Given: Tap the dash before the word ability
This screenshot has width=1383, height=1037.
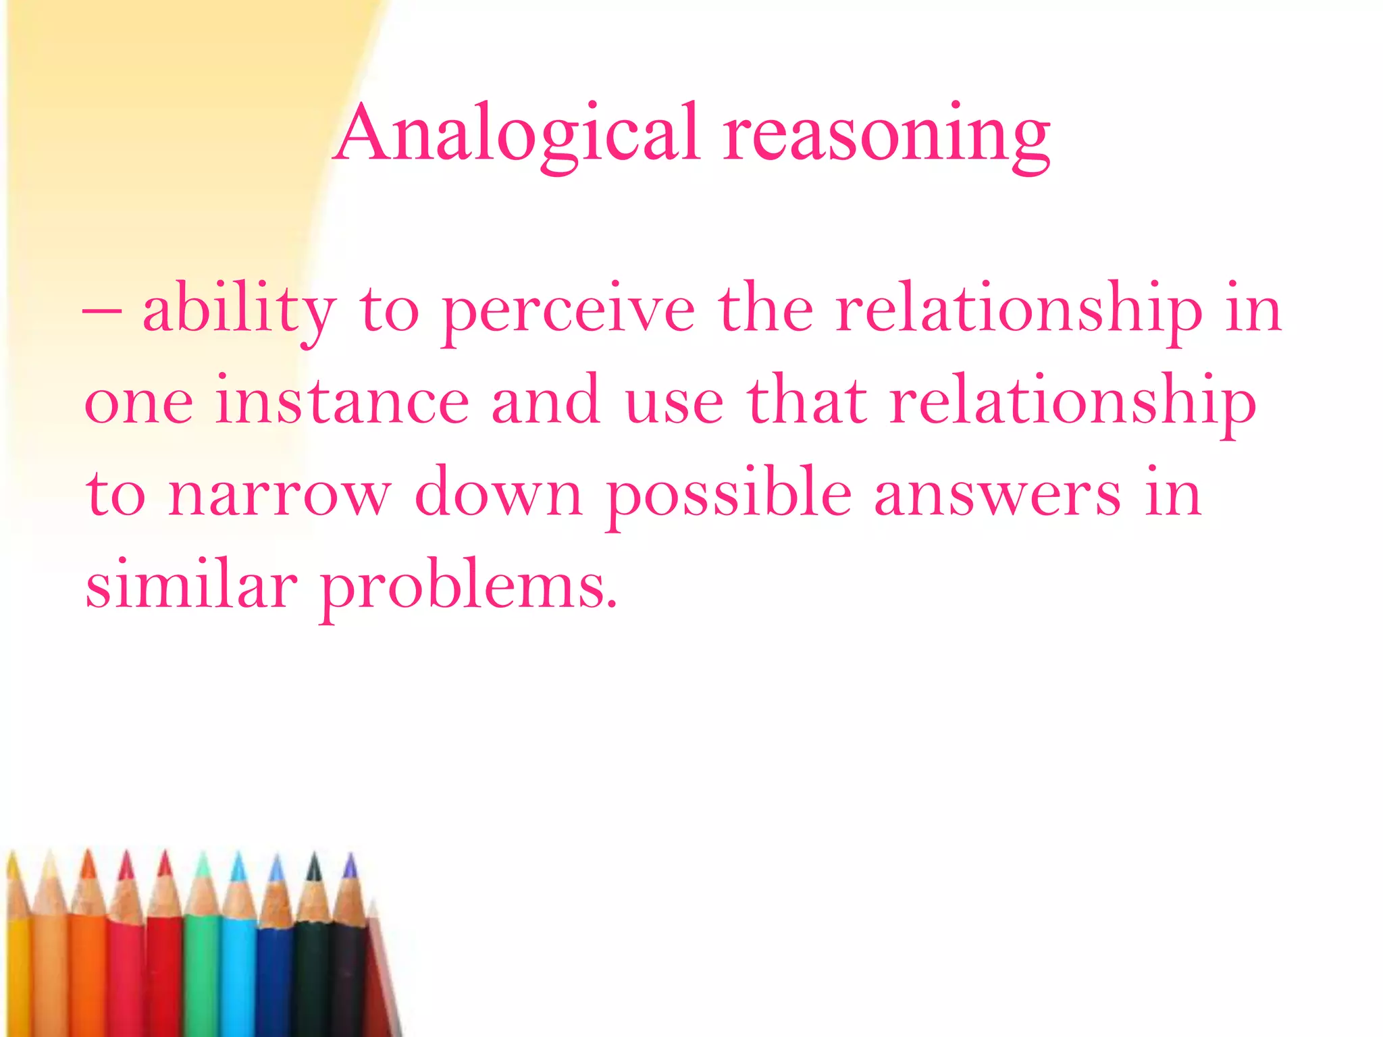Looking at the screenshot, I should click(101, 313).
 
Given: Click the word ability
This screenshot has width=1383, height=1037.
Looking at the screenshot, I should click(238, 311).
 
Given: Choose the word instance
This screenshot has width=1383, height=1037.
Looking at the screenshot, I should click(342, 401).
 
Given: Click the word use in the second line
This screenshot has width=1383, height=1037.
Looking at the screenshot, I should click(675, 402).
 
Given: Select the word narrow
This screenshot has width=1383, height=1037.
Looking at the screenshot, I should click(279, 494).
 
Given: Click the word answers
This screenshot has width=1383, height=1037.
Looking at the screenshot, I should click(997, 494).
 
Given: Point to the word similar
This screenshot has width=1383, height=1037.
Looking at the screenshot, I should click(191, 585).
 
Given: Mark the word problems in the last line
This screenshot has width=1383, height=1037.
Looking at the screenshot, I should click(468, 586).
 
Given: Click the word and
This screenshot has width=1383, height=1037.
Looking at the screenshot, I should click(546, 401).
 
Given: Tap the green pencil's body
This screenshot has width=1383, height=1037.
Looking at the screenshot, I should click(202, 972).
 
